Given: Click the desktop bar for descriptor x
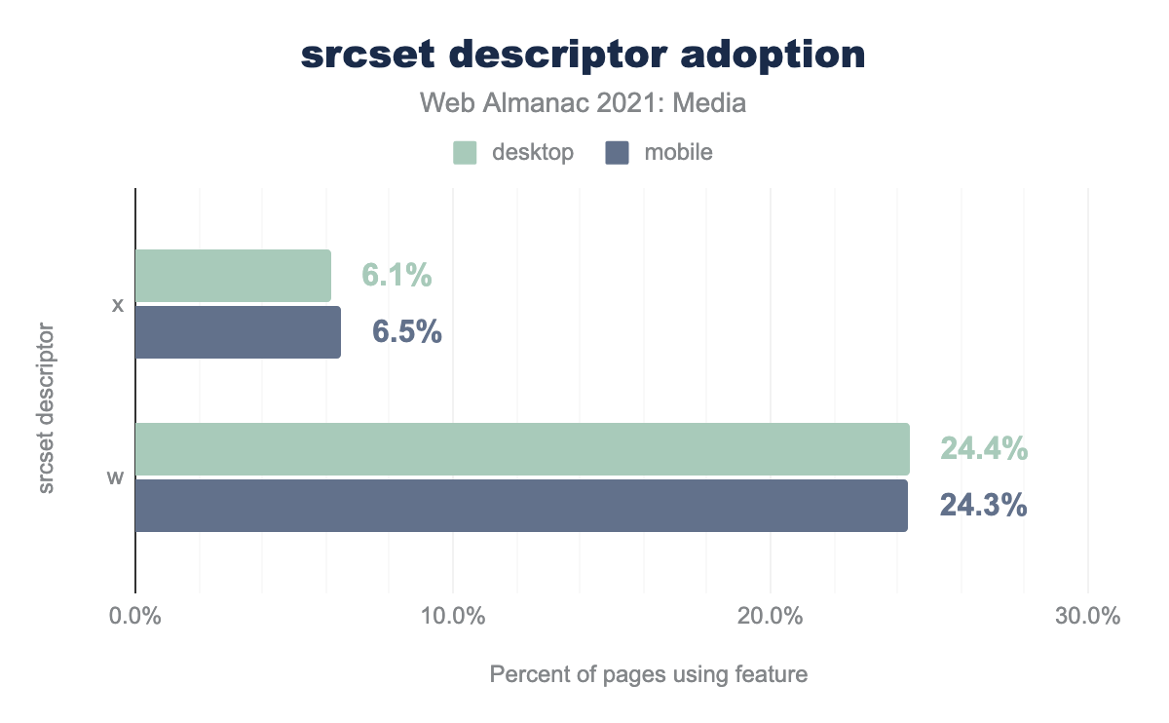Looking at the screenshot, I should coord(233,276).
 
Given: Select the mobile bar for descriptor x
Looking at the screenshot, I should coord(238,332).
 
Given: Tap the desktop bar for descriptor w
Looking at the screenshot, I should coord(522,449).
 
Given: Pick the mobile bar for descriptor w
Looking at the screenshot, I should coord(521,506).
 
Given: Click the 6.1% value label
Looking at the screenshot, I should coord(396,276).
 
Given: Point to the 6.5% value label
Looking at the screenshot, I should coord(407,332).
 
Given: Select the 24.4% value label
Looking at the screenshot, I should coord(983,449).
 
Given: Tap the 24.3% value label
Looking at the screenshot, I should coord(983,506).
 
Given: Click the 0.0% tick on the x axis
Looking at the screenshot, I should coord(134,617).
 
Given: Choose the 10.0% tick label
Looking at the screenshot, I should coord(452,617).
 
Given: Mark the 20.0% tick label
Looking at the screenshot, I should coord(770,617).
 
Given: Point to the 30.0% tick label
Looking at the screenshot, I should coord(1087,617).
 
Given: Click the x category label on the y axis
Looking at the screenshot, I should coord(118,305).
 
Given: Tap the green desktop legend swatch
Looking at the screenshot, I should coord(466,153).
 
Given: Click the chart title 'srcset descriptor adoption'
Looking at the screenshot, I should coord(584,56).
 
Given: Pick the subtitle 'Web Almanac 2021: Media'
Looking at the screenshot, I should coord(584,102).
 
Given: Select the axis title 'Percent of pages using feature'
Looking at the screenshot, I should coord(648,674).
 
